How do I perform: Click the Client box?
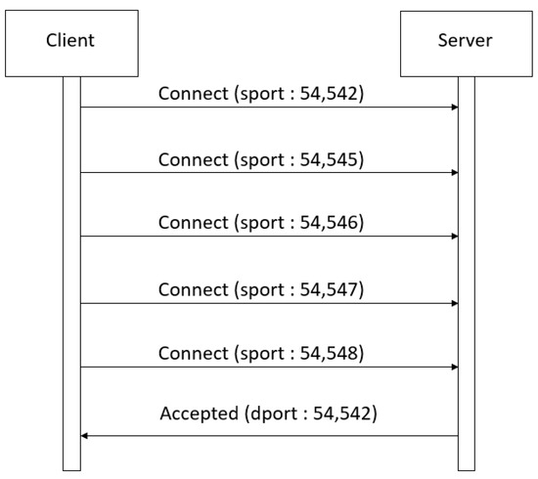(x=70, y=40)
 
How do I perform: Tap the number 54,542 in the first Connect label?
(x=333, y=94)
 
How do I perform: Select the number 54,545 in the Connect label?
(x=333, y=159)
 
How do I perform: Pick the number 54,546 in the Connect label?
(x=333, y=223)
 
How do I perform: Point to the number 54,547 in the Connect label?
(x=333, y=289)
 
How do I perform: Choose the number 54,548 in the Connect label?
(x=333, y=354)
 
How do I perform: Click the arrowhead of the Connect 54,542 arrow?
(x=454, y=108)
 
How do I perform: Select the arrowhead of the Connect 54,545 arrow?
(x=454, y=173)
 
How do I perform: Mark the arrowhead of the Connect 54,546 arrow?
(x=454, y=237)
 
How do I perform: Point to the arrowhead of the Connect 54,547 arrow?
(x=454, y=303)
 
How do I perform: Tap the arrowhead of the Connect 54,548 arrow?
(x=454, y=368)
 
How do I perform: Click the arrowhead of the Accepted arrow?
(x=84, y=435)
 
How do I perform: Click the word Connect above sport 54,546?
(x=192, y=223)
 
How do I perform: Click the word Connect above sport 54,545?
(x=192, y=159)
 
